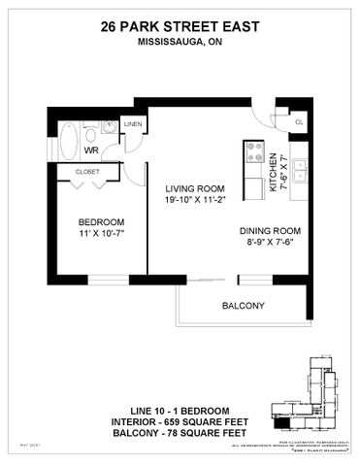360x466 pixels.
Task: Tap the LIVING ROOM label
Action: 195,188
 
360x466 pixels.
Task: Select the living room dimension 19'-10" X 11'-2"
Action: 195,201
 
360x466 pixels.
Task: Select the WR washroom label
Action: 92,151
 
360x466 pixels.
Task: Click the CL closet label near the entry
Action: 298,122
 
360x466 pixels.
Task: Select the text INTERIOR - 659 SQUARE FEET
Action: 180,419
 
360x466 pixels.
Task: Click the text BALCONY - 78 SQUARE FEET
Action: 180,432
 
